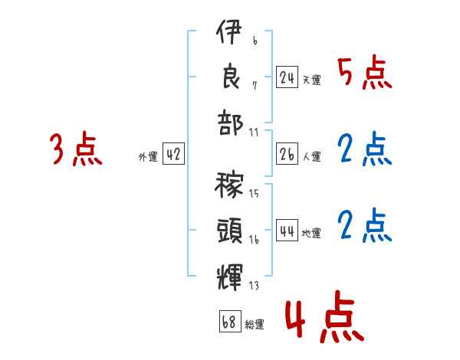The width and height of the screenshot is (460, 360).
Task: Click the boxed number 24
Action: [287, 77]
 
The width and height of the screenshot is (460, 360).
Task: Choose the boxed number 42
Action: [173, 153]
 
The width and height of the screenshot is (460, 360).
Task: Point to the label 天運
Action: [311, 79]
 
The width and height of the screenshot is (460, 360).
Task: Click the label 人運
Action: [311, 155]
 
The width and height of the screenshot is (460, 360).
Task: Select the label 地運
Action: [311, 231]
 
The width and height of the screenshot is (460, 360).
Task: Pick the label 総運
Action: [254, 323]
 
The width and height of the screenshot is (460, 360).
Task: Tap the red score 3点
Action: [75, 149]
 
